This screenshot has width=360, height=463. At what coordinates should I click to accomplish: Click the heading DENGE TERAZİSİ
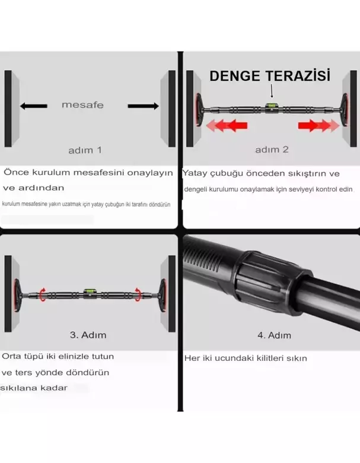tap(270, 76)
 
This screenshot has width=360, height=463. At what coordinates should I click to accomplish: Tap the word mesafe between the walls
tap(82, 105)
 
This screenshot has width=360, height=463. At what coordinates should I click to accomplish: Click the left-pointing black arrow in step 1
tap(33, 106)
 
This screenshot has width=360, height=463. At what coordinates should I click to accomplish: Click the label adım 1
tap(85, 150)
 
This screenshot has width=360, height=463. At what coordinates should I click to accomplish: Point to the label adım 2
tap(272, 150)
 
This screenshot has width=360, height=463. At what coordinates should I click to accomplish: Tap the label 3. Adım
tap(88, 335)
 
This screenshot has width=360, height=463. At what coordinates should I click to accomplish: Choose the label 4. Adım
tap(273, 335)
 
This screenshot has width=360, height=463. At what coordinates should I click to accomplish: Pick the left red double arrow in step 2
tap(226, 125)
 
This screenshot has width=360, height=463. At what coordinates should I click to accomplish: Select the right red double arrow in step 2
tap(318, 125)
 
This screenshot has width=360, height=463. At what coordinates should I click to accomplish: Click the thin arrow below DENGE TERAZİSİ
tap(272, 91)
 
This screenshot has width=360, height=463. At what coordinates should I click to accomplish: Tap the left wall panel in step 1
tap(8, 109)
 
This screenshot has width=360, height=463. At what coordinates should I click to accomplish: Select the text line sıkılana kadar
tap(34, 388)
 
